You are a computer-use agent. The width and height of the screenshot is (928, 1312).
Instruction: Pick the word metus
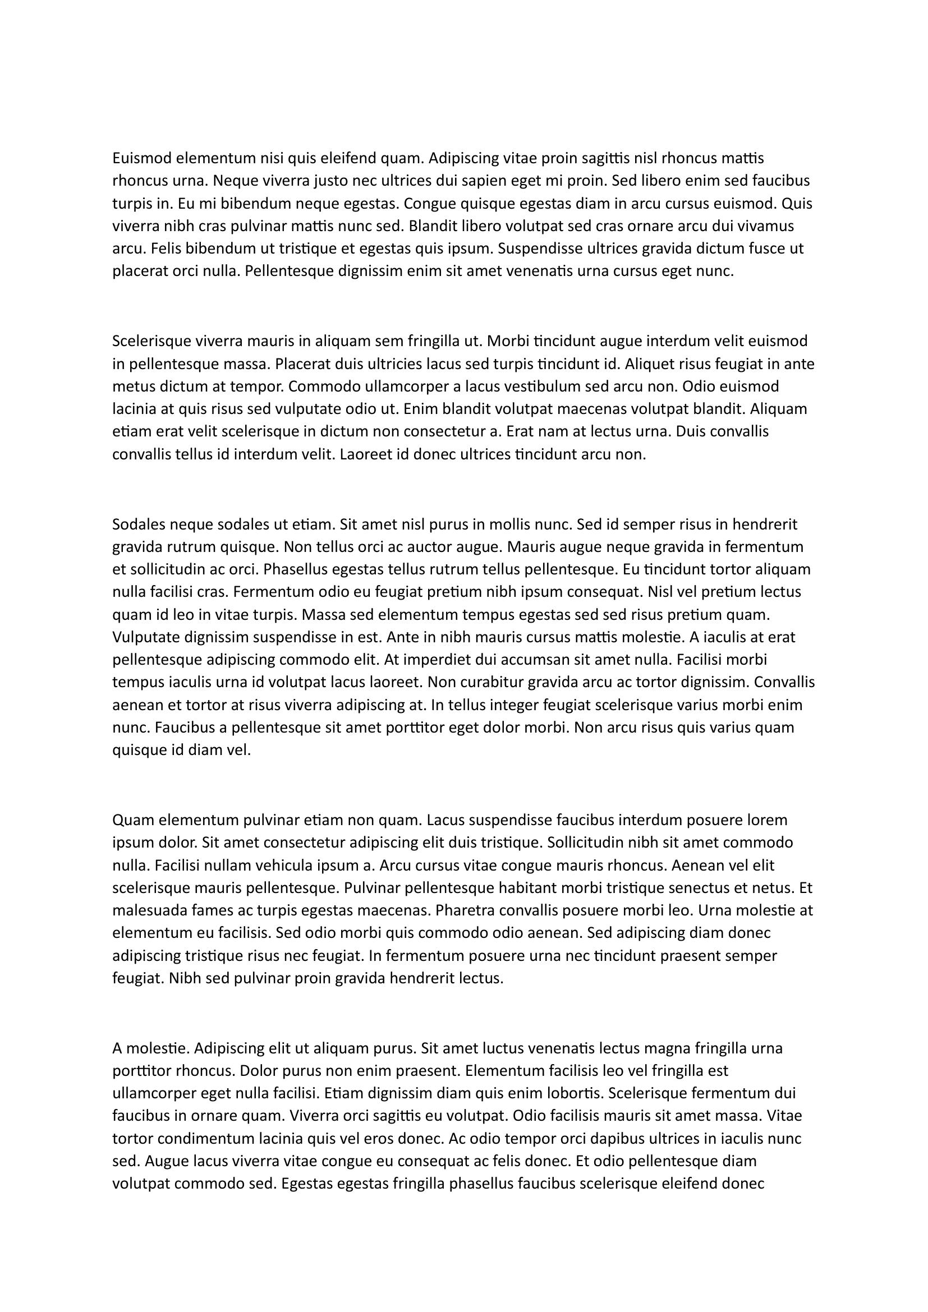130,387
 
